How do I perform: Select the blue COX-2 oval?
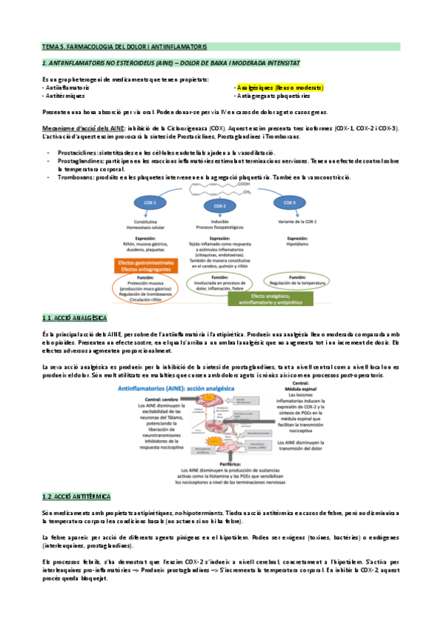point(219,206)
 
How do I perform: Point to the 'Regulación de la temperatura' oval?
point(297,282)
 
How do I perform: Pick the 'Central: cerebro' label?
point(150,398)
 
